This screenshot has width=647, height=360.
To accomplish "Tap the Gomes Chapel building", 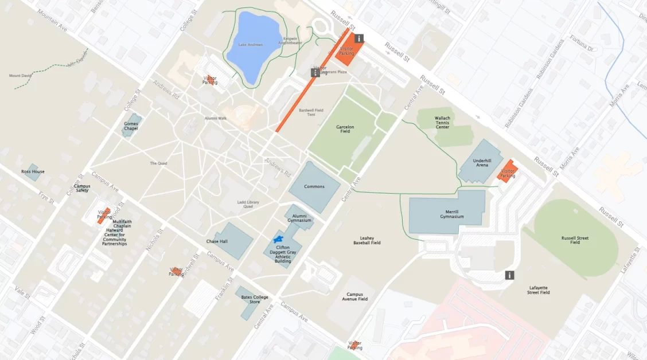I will pyautogui.click(x=132, y=124).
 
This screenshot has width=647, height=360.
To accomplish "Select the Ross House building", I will pyautogui.click(x=32, y=171).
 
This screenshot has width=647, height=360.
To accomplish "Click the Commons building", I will pyautogui.click(x=314, y=186).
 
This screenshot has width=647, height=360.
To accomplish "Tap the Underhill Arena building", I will pyautogui.click(x=481, y=162).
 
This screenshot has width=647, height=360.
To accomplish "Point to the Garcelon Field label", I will pyautogui.click(x=345, y=129).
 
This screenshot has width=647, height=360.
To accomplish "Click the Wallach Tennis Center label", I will pyautogui.click(x=442, y=122).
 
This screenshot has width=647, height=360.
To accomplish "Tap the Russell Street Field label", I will pyautogui.click(x=575, y=240).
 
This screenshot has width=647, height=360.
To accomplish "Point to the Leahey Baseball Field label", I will pyautogui.click(x=367, y=240).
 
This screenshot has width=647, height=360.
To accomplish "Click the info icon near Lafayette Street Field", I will pyautogui.click(x=509, y=275).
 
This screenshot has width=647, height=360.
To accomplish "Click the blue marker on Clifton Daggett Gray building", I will pyautogui.click(x=279, y=238).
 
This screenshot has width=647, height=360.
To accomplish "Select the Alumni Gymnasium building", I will pyautogui.click(x=301, y=217).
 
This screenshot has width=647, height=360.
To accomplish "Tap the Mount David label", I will pyautogui.click(x=21, y=76).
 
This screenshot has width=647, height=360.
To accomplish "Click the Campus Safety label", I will pyautogui.click(x=82, y=188).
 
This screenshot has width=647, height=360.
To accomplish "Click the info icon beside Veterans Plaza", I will pyautogui.click(x=315, y=73).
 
